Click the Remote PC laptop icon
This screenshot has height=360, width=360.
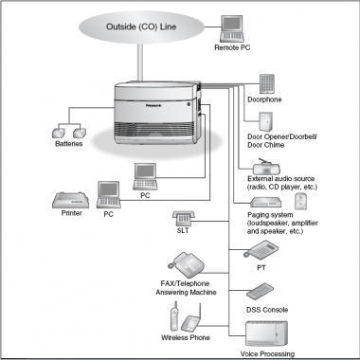coord(232,28)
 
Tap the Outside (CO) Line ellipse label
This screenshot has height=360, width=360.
coord(141,27)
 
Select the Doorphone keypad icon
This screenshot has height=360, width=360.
coord(267,83)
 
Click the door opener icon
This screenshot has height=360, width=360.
coord(265,121)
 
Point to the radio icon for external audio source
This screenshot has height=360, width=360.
coord(266,167)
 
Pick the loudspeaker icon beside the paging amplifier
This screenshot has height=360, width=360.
coord(300,201)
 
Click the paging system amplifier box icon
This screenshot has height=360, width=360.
coord(265,203)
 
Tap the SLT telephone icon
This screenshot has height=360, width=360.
coord(184,218)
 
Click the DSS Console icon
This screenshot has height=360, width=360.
coord(260,292)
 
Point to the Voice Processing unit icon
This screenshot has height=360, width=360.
coord(266,333)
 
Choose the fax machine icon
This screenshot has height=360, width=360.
coord(186,265)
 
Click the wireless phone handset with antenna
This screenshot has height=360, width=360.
coord(174,316)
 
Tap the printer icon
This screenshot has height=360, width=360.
coord(70,200)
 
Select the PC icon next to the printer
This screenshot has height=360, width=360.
coord(109,194)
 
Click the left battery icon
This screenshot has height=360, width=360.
coord(59,133)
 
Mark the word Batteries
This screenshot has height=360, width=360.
coord(69,144)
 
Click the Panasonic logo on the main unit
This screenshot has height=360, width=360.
coord(153,105)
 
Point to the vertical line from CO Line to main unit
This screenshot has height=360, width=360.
coord(140,63)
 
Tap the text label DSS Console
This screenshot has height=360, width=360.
coord(267,310)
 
